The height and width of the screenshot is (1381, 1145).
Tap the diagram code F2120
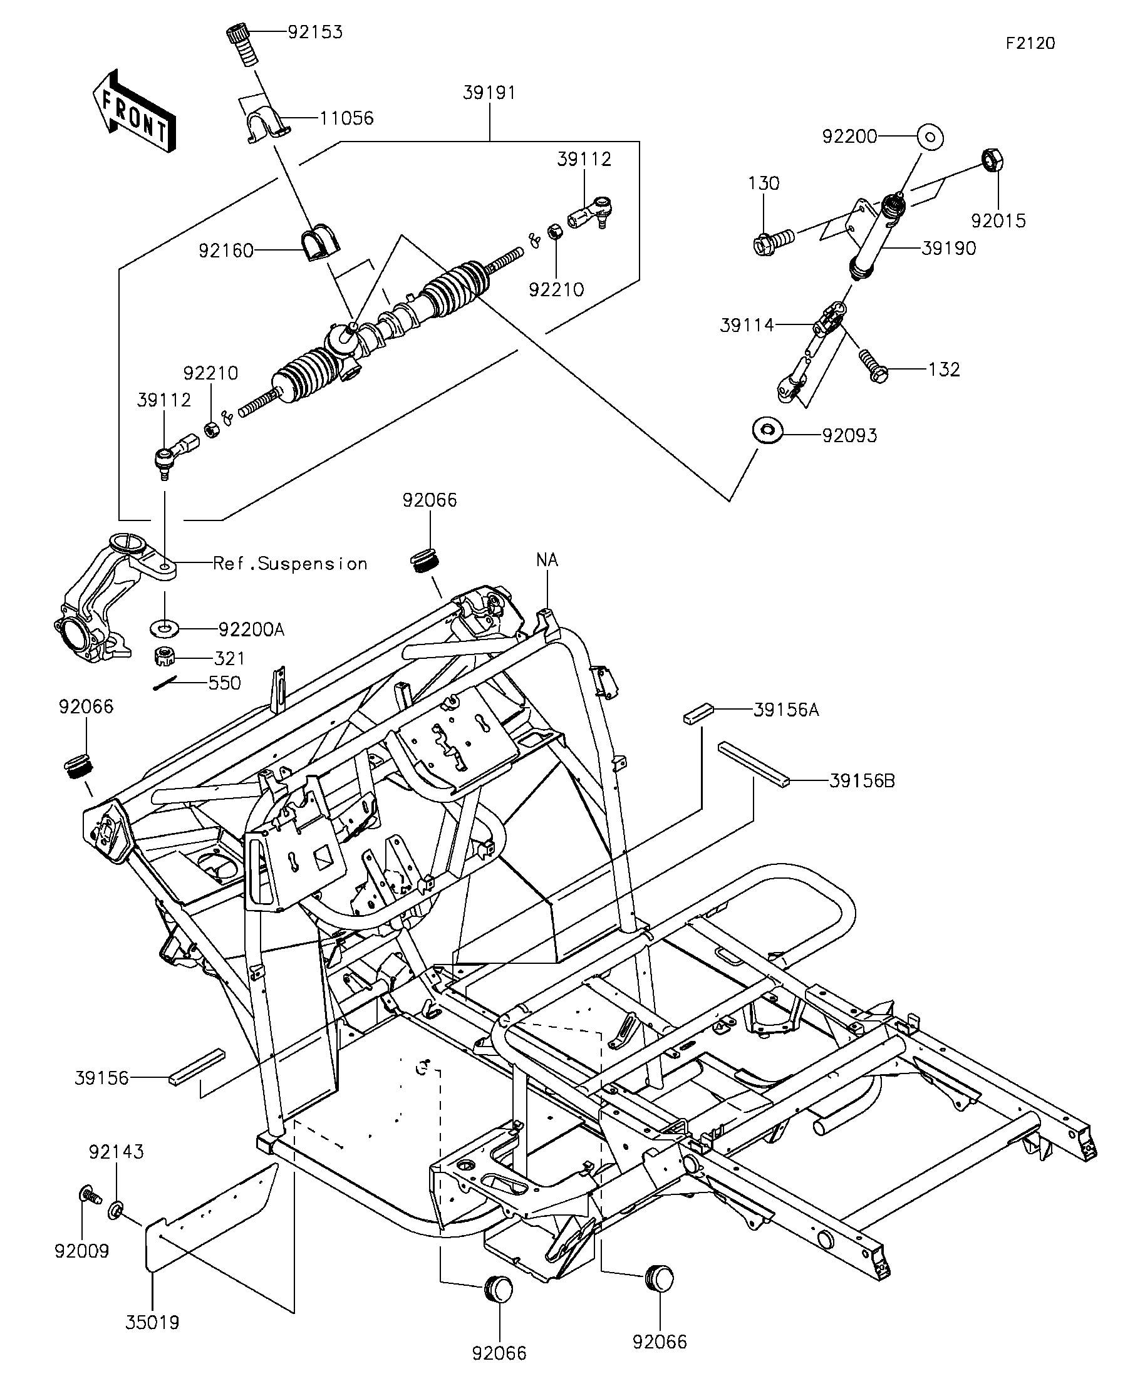point(1030,43)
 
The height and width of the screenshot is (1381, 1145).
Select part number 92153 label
point(315,33)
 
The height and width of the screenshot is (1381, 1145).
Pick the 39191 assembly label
point(489,93)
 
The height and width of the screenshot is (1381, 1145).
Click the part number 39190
point(948,249)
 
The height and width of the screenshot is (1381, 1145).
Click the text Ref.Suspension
point(290,564)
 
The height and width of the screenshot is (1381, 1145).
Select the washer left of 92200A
point(164,628)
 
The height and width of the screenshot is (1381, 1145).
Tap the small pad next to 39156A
point(698,713)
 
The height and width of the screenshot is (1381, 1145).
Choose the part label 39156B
point(861,780)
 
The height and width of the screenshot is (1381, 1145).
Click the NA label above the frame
point(547,560)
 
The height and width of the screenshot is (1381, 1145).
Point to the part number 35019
point(153,1322)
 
